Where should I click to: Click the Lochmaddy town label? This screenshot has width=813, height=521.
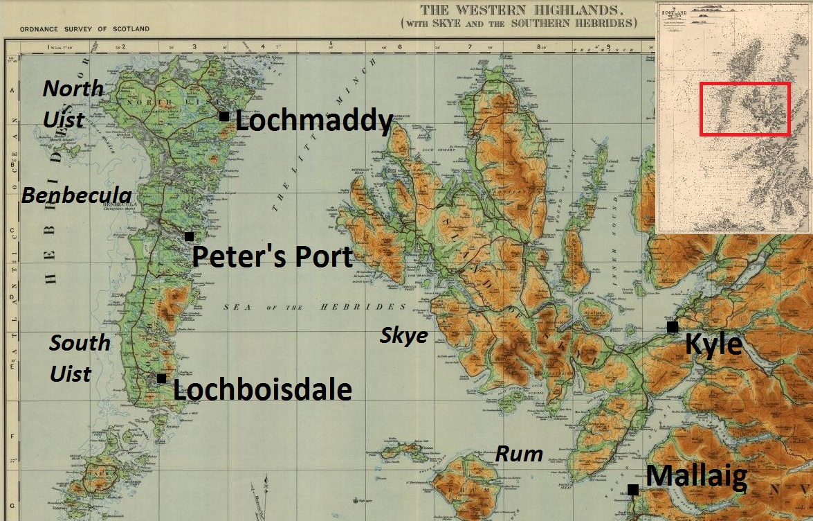point(314,121)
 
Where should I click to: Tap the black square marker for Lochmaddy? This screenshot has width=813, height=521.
point(224,116)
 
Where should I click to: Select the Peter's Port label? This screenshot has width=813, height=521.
point(272,257)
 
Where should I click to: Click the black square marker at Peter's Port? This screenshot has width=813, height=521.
point(189,236)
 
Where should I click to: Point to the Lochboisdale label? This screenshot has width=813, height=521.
point(262,389)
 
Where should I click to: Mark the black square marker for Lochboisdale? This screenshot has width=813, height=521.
point(161,378)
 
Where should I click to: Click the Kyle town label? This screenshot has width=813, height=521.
point(713,344)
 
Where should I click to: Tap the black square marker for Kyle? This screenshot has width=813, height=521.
point(672,326)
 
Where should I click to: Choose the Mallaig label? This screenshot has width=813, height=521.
point(696,477)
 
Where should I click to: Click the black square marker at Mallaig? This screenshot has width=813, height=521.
point(632,489)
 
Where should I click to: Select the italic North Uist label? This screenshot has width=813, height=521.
point(73,103)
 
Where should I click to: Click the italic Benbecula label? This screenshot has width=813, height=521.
point(76,195)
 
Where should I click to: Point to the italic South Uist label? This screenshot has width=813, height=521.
point(80,357)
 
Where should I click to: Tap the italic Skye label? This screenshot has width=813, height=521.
point(404,336)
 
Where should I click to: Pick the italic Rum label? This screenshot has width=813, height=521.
point(519,454)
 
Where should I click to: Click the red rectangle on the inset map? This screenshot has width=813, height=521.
point(745,109)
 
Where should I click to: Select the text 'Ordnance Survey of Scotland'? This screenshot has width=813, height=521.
point(84,29)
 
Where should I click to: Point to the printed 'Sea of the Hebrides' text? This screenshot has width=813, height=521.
point(316,306)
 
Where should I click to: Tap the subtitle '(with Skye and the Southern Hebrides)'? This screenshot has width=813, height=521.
point(518,23)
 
